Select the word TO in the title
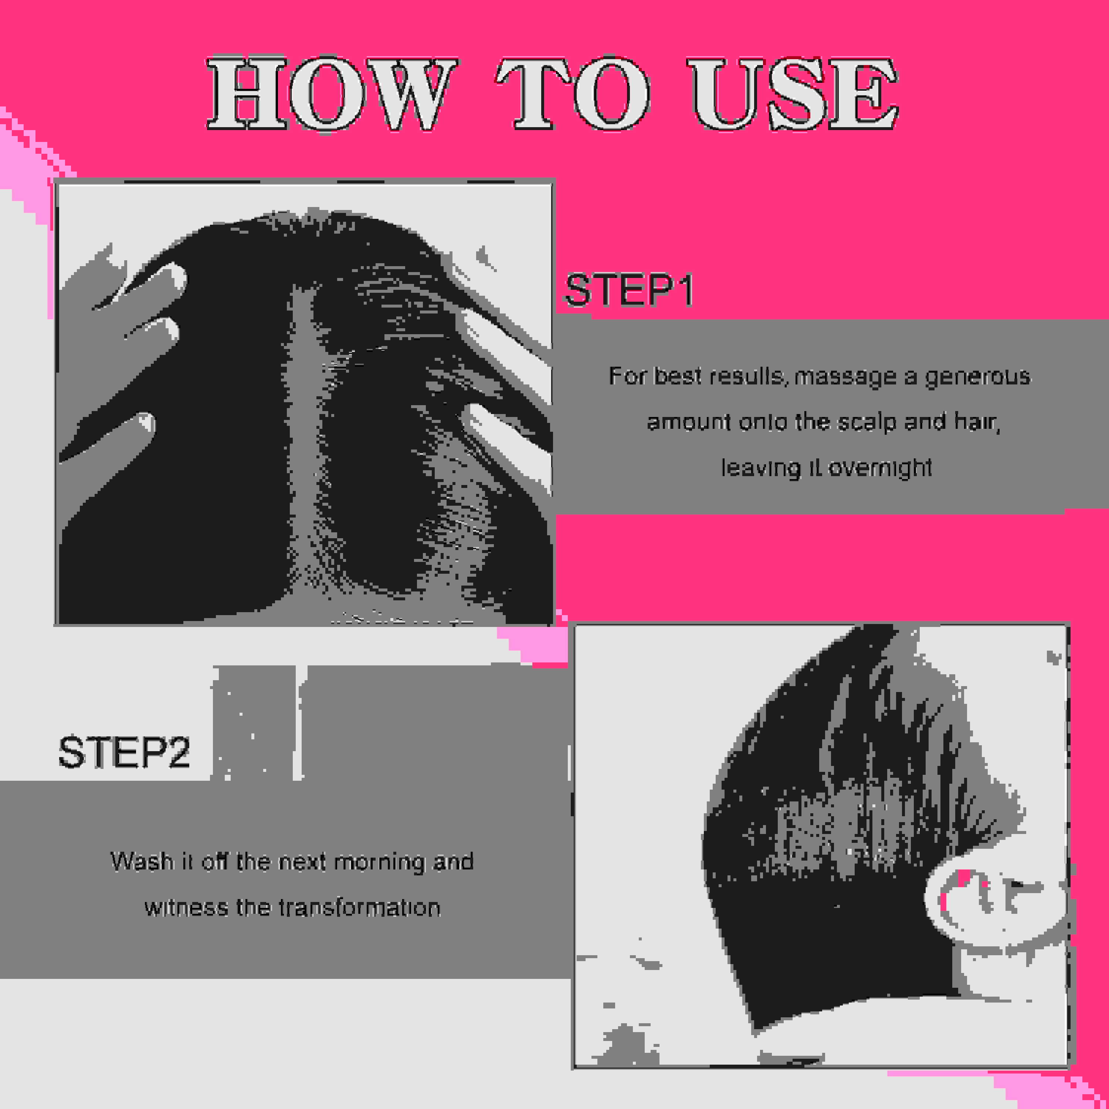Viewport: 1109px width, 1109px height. coord(573,94)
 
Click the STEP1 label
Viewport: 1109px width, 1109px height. coord(629,291)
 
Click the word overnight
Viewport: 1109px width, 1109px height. coord(880,468)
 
